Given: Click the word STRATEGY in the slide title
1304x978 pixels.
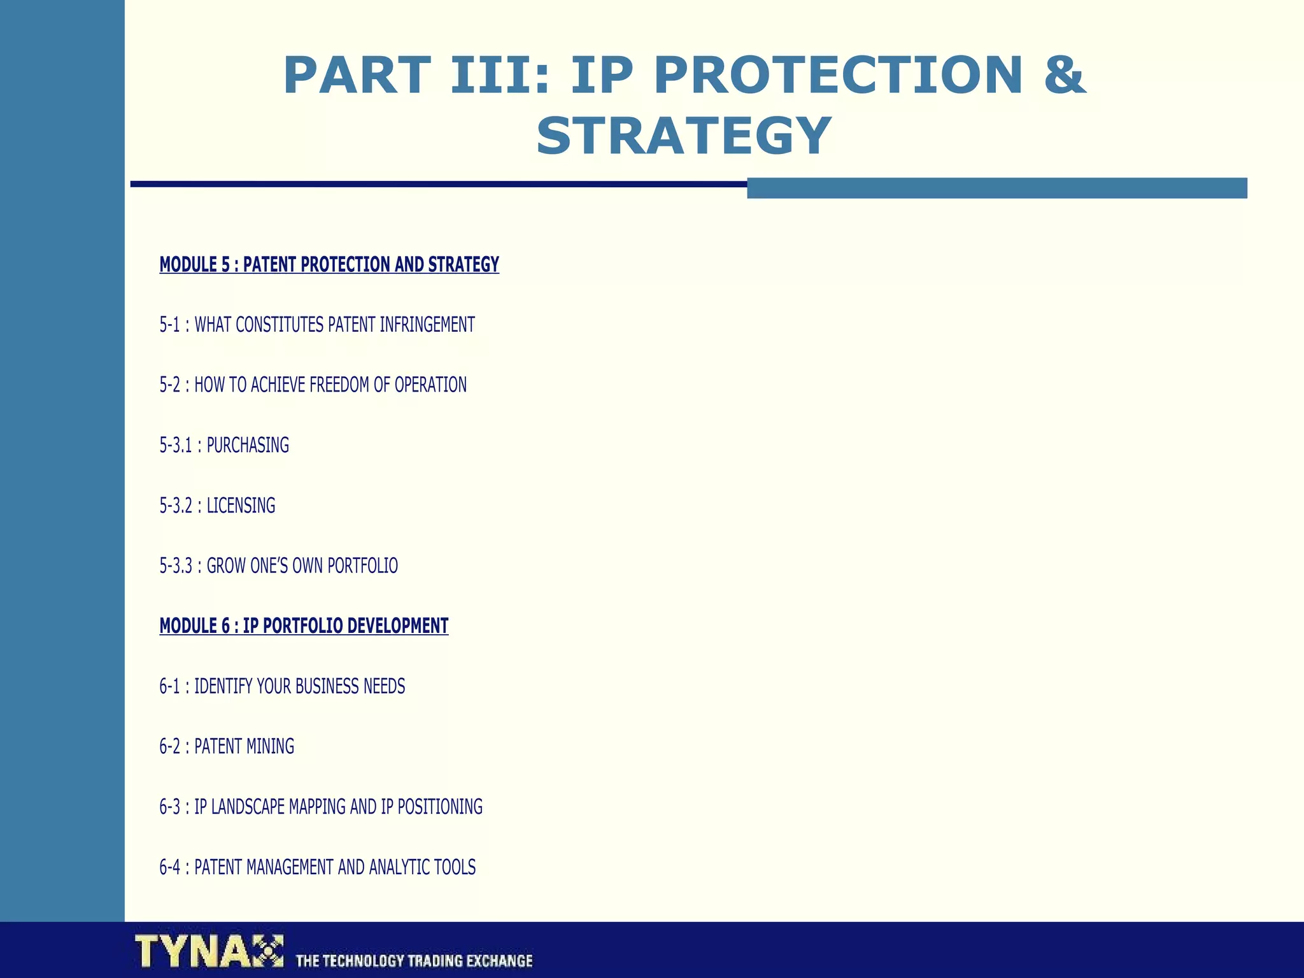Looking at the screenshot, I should coord(684,136).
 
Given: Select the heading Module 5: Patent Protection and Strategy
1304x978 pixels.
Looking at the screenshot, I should coord(329,264).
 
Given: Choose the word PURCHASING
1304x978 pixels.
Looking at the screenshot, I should coord(248,445).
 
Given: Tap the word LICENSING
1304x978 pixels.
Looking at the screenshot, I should coord(241,506).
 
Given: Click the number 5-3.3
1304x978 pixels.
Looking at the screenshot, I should coord(176,565).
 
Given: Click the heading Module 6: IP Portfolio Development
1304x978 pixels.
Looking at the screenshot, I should coord(304,626).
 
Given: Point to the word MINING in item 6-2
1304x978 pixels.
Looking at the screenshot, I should coord(270,746).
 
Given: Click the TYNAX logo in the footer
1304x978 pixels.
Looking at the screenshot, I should coord(209,951).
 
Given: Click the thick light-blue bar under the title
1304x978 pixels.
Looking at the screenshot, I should coord(996,188).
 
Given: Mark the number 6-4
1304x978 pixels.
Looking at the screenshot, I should coord(169,867).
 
